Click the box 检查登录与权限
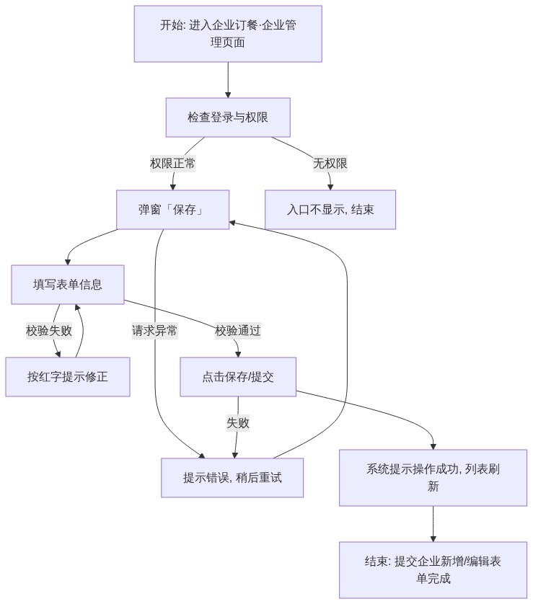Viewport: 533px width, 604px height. (228, 117)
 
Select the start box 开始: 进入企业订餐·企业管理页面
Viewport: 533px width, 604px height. (228, 33)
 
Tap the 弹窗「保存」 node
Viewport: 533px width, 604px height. (172, 210)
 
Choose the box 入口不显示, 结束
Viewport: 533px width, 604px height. (330, 210)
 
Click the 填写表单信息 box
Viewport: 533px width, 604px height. (68, 285)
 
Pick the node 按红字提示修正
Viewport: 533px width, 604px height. (68, 377)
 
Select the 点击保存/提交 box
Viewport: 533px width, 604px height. (238, 377)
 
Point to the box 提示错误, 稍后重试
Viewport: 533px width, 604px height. (232, 478)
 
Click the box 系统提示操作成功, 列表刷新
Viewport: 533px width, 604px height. (433, 478)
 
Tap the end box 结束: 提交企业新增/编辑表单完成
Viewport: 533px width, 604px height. (433, 570)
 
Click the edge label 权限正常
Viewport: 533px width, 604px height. (172, 164)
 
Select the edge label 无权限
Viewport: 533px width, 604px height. (330, 164)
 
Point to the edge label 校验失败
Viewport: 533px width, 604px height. (49, 331)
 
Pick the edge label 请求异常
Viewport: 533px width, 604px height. (154, 331)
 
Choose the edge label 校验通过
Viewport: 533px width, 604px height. (238, 331)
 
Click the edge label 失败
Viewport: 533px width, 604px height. (238, 423)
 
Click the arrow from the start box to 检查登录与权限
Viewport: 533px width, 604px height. (228, 80)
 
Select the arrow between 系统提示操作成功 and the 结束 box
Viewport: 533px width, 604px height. (433, 524)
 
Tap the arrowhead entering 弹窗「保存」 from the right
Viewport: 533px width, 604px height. (232, 223)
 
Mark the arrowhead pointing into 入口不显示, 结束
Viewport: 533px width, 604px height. (330, 187)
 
